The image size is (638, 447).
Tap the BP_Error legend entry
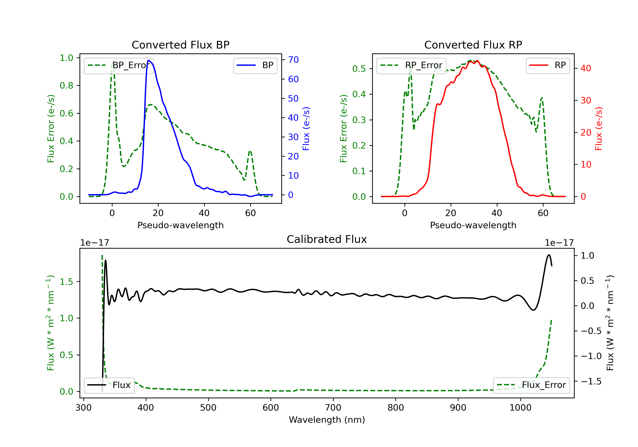tap(119, 65)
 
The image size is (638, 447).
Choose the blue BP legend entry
tap(255, 65)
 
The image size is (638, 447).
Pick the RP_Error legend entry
tap(411, 65)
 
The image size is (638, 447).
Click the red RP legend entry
tap(548, 65)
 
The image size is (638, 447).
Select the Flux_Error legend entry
tap(531, 385)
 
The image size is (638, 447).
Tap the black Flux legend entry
tap(109, 385)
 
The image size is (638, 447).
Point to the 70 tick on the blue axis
tap(293, 60)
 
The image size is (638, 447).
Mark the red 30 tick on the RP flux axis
tap(586, 100)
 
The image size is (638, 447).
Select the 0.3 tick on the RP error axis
tap(359, 120)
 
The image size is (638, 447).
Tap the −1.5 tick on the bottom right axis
tap(591, 381)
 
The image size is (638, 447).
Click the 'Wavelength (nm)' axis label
tap(327, 420)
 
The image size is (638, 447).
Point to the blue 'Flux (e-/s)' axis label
tap(306, 129)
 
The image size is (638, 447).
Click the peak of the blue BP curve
tap(149, 60)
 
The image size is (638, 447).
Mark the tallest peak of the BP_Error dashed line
tap(113, 61)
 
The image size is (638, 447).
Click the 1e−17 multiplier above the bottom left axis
tap(94, 243)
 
